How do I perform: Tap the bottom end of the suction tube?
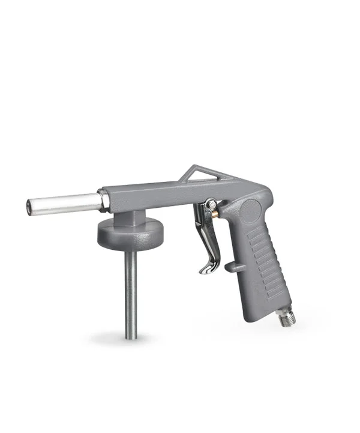click(130, 333)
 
